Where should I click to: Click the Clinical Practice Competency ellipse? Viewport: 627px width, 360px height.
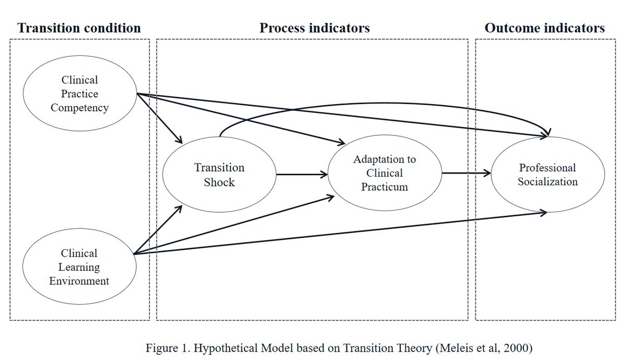coord(79,94)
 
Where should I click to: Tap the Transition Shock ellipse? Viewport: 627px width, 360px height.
coord(219,175)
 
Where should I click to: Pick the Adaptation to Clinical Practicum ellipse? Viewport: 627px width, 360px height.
coord(384,173)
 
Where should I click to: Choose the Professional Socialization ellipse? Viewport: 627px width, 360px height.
coord(548,175)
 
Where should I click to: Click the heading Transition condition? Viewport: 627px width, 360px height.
coord(79,28)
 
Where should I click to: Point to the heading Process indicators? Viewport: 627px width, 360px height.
coord(315,28)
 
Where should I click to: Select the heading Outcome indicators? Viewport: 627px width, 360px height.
coord(544,28)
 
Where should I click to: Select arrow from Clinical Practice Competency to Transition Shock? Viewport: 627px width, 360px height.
coord(159,119)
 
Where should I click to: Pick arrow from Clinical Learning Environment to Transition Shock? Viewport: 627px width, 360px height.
coord(158,230)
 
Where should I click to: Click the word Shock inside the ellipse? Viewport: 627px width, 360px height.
coord(219,182)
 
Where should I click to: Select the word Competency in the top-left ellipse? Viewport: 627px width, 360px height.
coord(79,108)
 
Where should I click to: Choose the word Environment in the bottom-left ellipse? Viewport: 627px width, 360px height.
coord(79,281)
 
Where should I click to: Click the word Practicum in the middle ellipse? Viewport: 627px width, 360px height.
coord(384,187)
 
